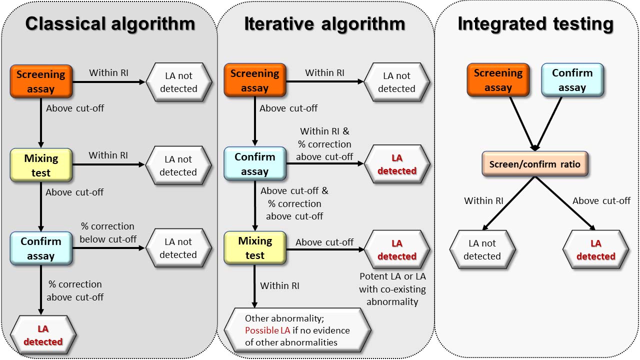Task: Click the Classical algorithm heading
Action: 110,23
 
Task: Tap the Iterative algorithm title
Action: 325,23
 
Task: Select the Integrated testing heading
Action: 535,24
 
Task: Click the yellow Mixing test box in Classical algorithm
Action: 41,165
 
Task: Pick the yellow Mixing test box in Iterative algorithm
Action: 255,247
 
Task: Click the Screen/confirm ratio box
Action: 535,164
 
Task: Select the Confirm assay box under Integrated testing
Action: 572,80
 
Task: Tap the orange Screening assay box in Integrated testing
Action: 498,80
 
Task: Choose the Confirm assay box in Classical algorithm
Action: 41,248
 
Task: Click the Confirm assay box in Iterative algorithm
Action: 255,163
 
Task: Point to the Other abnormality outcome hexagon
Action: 297,330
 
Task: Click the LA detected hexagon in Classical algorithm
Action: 43,335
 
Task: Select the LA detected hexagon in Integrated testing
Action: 596,249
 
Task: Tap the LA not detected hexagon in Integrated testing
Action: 482,249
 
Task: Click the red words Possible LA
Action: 267,330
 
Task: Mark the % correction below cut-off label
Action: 107,232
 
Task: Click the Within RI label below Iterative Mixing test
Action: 279,285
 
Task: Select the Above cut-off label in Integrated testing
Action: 601,200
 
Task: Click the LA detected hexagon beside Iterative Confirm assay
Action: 397,164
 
